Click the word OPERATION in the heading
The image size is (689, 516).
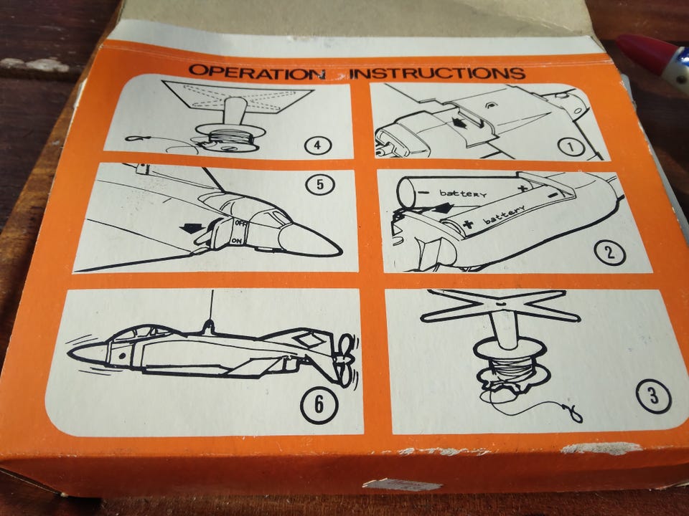[x=257, y=72]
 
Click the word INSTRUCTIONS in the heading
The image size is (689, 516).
[x=437, y=73]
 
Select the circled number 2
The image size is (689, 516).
[x=609, y=253]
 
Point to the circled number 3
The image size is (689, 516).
[x=654, y=396]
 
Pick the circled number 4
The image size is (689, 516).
[x=318, y=145]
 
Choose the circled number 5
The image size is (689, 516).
[x=320, y=185]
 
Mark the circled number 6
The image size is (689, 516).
[x=319, y=404]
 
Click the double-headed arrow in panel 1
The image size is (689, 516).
[x=459, y=123]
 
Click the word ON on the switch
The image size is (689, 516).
[x=236, y=241]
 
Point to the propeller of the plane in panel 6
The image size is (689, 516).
[x=346, y=360]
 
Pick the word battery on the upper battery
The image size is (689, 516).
[x=463, y=193]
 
